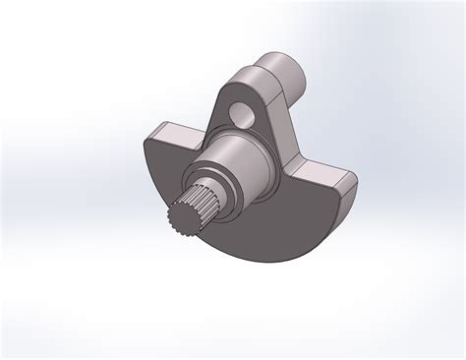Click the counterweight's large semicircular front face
(x=265, y=221)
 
